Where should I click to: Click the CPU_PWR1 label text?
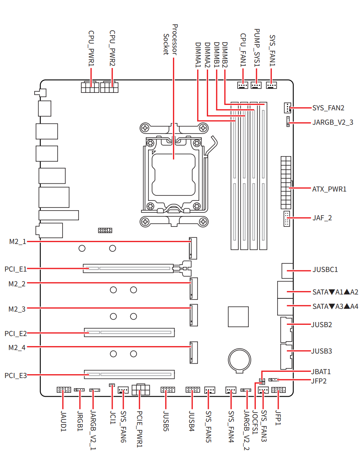91,48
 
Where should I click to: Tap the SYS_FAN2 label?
328,108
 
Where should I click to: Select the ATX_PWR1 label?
329,189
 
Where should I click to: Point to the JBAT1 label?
321,371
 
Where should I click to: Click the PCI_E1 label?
16,269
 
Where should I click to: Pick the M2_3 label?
17,309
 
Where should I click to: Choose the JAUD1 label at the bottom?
63,421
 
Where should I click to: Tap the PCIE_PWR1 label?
140,429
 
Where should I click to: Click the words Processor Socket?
170,40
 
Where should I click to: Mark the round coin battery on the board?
239,360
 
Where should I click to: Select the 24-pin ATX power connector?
285,183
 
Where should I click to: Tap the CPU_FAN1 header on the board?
242,85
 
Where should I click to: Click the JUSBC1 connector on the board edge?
287,270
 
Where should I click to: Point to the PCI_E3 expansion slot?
129,374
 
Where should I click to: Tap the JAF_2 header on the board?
286,218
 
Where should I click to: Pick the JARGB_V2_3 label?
332,122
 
